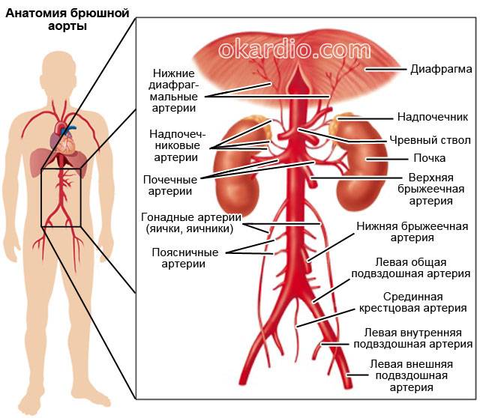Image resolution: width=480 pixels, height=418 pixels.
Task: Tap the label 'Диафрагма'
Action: [x=440, y=70]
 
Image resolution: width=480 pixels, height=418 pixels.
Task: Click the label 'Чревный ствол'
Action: [x=429, y=139]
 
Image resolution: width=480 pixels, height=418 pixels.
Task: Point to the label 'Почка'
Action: [x=430, y=158]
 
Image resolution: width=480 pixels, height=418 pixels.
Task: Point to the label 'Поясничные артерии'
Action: [x=178, y=258]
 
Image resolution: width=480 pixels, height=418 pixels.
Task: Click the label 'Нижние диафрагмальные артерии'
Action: [x=173, y=91]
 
